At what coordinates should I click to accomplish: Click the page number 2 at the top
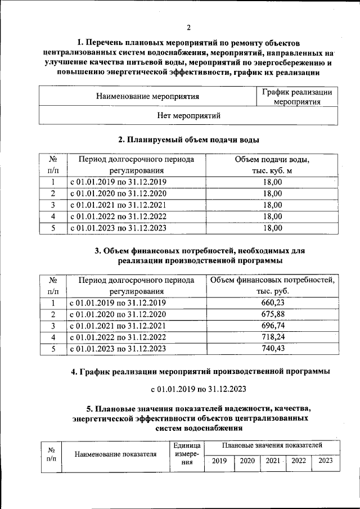[189, 26]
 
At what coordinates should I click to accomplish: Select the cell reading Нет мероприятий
[188, 115]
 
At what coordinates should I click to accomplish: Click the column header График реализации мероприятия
[297, 97]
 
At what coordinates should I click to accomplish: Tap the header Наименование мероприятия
[148, 96]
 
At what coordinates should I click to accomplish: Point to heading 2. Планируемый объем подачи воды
[188, 139]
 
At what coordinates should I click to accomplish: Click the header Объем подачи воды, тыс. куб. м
[272, 165]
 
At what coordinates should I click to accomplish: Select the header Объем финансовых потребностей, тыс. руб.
[272, 286]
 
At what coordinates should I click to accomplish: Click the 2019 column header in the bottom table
[219, 461]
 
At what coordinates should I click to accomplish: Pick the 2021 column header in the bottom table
[273, 461]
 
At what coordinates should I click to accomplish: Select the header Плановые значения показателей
[272, 445]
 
